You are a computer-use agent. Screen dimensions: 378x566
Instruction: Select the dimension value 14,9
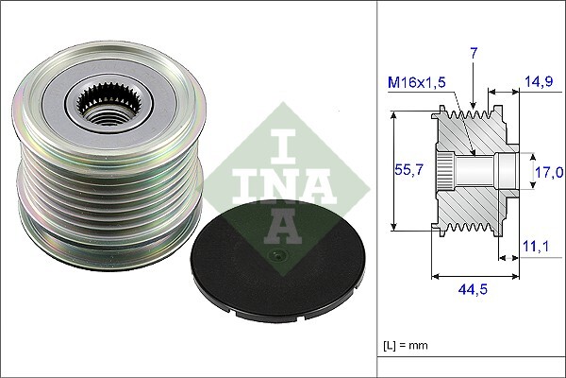538,81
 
